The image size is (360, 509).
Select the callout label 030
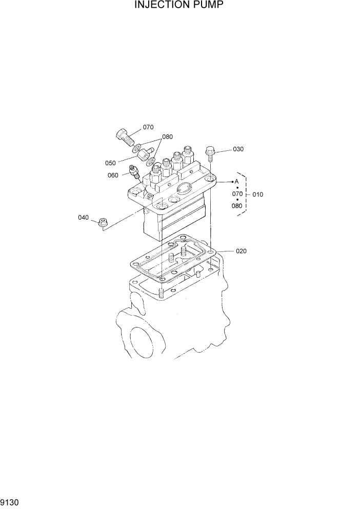click(x=238, y=149)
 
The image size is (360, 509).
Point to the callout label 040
click(x=83, y=218)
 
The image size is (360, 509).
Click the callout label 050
click(x=110, y=163)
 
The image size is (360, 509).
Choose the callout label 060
click(x=113, y=175)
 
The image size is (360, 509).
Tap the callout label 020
click(x=241, y=251)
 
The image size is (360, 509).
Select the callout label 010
click(x=257, y=194)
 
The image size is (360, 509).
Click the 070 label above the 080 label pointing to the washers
click(x=148, y=127)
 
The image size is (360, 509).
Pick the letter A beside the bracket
click(x=237, y=182)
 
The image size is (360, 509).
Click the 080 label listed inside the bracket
click(x=237, y=206)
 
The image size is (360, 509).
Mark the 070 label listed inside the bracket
click(x=237, y=194)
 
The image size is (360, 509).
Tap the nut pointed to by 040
click(x=103, y=222)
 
